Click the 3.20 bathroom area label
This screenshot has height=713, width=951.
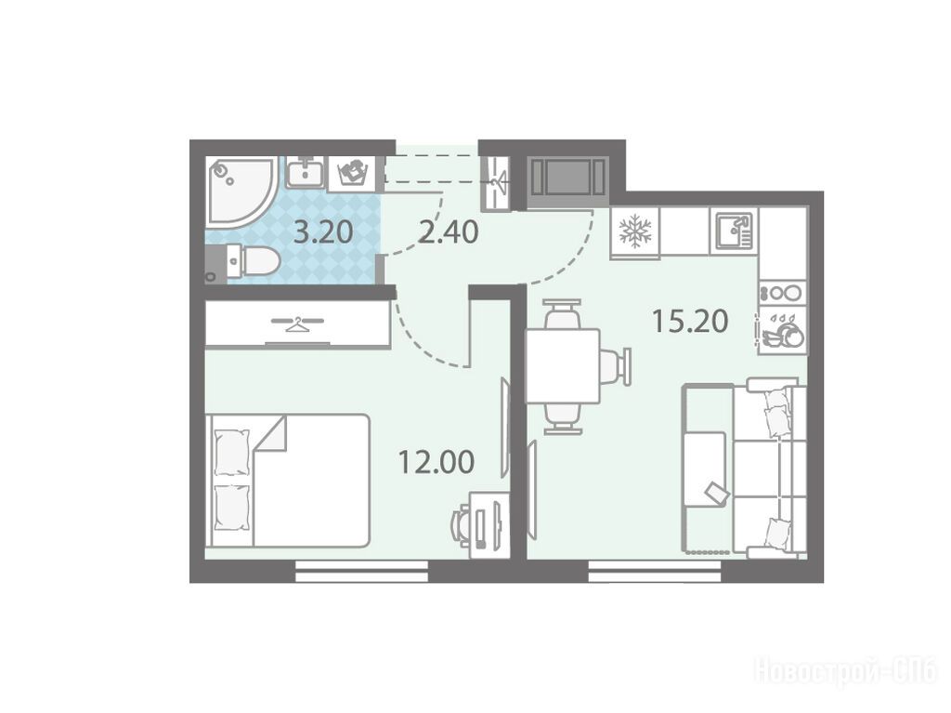point(322,232)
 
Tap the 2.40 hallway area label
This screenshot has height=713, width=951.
point(449,232)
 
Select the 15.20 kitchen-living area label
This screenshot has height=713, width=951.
point(690,322)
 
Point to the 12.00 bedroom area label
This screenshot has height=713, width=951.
point(436,462)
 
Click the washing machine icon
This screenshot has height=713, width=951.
point(352,173)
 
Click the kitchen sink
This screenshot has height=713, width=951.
point(735,231)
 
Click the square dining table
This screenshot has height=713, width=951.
point(562,366)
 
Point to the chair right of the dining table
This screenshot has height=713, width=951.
point(617,366)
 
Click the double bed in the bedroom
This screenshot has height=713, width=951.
point(288,481)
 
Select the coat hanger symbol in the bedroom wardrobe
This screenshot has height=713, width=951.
point(296,323)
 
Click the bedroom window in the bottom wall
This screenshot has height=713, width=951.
point(362,572)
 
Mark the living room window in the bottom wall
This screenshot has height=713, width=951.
point(655,572)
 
